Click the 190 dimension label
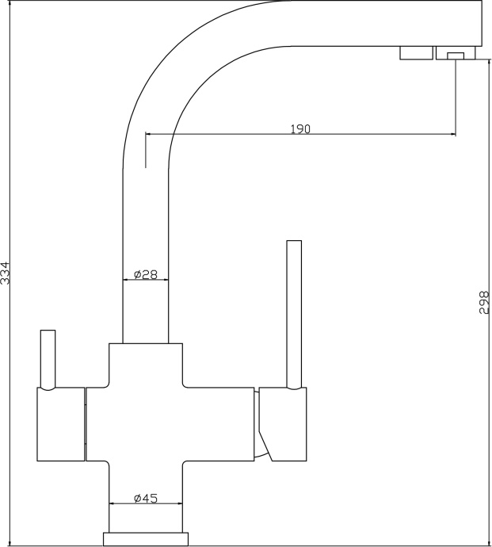pyautogui.click(x=300, y=129)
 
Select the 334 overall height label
pyautogui.click(x=6, y=273)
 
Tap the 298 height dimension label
pyautogui.click(x=484, y=303)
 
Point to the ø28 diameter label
pyautogui.click(x=146, y=274)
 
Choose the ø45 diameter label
pyautogui.click(x=146, y=498)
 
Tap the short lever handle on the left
pyautogui.click(x=48, y=359)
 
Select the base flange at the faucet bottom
pyautogui.click(x=146, y=539)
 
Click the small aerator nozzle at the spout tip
pyautogui.click(x=456, y=55)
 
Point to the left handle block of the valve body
pyautogui.click(x=61, y=424)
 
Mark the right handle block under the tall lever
pyautogui.click(x=283, y=424)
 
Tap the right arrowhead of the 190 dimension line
pyautogui.click(x=453, y=134)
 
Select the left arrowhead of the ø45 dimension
pyautogui.click(x=112, y=503)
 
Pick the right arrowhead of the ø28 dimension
pyautogui.click(x=166, y=279)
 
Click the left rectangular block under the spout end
pyautogui.click(x=416, y=52)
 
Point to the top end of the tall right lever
pyautogui.click(x=294, y=240)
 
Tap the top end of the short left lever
pyautogui.click(x=48, y=330)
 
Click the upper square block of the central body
pyautogui.click(x=146, y=365)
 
